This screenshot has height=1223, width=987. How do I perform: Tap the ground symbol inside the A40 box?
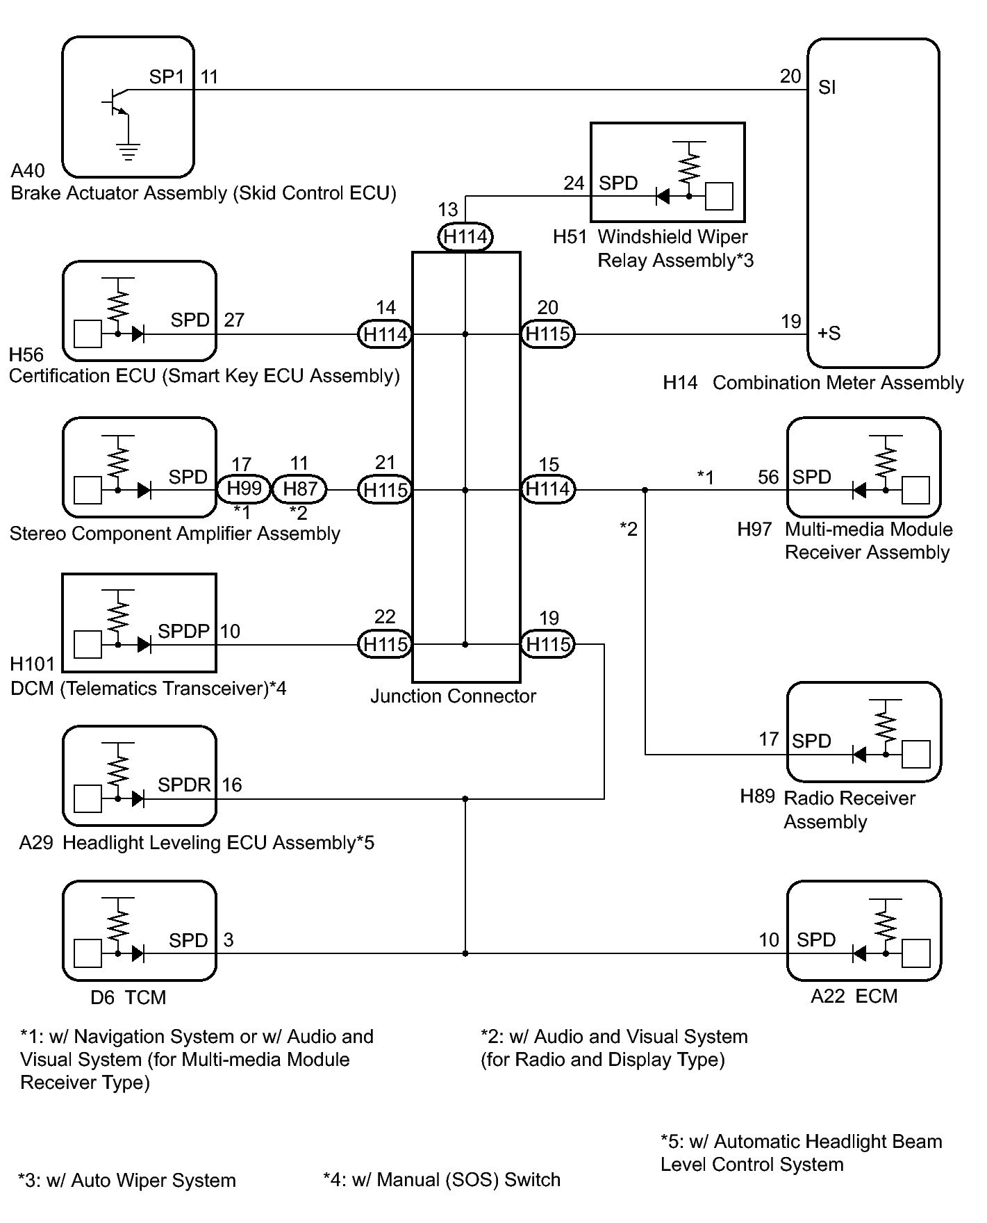(x=128, y=151)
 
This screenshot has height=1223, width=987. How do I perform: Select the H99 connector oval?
(x=244, y=489)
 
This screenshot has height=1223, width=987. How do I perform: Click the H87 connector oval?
(x=299, y=489)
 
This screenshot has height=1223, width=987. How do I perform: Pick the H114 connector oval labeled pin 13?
(x=465, y=237)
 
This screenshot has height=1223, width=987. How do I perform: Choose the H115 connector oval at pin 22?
(x=385, y=644)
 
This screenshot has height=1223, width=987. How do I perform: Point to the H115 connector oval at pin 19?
(x=548, y=644)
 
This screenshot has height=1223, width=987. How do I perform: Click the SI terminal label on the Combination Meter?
(x=827, y=88)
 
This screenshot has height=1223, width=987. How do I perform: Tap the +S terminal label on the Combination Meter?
(x=829, y=334)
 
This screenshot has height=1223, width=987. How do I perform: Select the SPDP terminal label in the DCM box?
(x=183, y=631)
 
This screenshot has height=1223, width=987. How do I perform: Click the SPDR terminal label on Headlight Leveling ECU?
(x=184, y=785)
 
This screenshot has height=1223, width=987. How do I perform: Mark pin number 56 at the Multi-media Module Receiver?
(x=768, y=477)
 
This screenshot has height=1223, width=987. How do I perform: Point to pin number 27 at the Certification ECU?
(x=234, y=320)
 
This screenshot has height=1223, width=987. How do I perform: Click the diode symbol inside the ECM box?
(x=859, y=953)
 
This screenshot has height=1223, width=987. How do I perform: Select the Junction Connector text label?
(x=453, y=696)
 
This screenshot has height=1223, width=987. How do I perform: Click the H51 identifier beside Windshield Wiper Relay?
(x=570, y=237)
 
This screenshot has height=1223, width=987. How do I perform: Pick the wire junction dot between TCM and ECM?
(x=465, y=953)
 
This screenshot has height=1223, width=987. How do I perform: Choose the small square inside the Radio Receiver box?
(x=915, y=754)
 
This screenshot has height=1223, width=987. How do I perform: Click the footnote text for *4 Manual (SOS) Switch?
(x=442, y=1180)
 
